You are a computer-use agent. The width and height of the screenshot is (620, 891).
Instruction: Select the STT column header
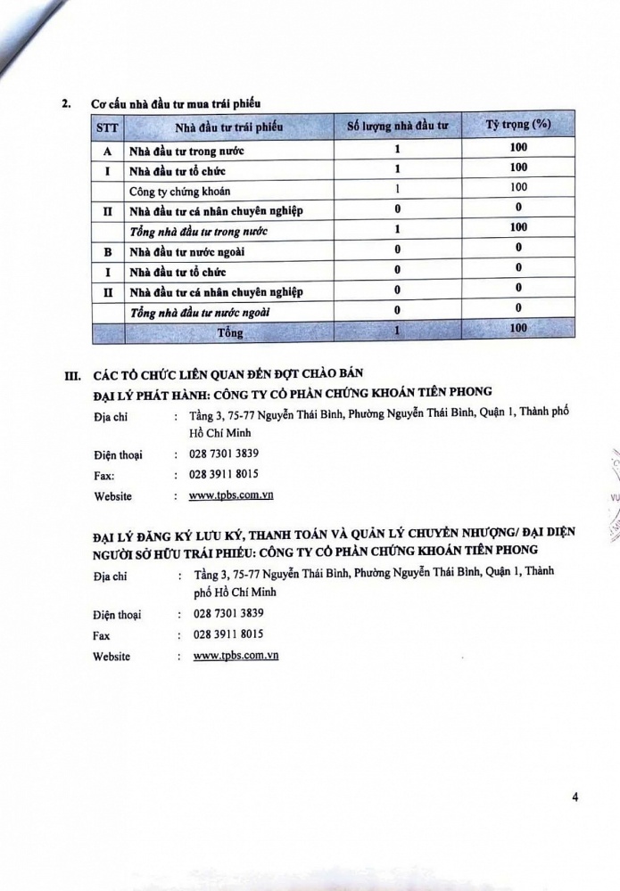pos(106,127)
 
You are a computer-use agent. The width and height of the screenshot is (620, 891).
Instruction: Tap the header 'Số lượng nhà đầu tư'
pos(397,127)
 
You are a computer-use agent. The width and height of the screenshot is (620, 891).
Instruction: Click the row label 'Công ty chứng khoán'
pos(176,190)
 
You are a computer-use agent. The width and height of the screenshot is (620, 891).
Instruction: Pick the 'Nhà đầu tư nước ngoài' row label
pos(183,252)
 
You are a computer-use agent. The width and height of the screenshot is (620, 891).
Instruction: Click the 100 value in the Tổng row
pos(518,330)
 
